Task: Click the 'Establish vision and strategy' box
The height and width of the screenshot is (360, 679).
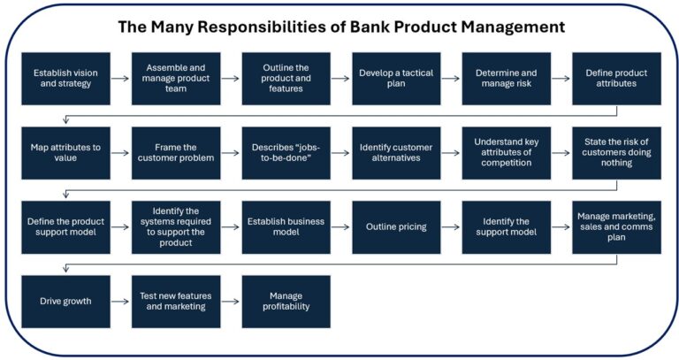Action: pyautogui.click(x=66, y=78)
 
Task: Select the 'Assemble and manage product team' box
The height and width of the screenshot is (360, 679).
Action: pyautogui.click(x=176, y=78)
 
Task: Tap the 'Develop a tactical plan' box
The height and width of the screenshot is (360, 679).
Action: pyautogui.click(x=396, y=78)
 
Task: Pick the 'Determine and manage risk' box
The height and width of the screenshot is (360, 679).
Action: pyautogui.click(x=507, y=78)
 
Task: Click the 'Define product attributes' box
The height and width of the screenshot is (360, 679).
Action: pyautogui.click(x=616, y=78)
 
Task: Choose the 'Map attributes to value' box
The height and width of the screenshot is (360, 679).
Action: pyautogui.click(x=66, y=152)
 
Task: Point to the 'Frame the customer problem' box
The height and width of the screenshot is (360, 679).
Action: pyautogui.click(x=176, y=152)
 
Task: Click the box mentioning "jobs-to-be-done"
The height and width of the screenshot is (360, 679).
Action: pyautogui.click(x=286, y=152)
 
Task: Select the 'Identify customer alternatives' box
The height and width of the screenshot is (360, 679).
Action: pyautogui.click(x=396, y=152)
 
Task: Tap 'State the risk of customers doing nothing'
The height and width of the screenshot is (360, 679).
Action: pyautogui.click(x=616, y=152)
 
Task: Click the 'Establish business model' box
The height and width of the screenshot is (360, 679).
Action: pyautogui.click(x=286, y=227)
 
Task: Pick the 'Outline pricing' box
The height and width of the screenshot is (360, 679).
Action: pyautogui.click(x=396, y=227)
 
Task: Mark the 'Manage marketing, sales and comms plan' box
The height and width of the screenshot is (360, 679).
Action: pyautogui.click(x=616, y=227)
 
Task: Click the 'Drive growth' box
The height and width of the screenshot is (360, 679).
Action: pyautogui.click(x=66, y=302)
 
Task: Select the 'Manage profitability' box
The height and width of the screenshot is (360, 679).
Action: pyautogui.click(x=286, y=302)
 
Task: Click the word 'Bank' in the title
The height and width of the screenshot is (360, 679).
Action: pyautogui.click(x=393, y=27)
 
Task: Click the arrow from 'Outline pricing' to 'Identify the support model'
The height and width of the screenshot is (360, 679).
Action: pyautogui.click(x=451, y=227)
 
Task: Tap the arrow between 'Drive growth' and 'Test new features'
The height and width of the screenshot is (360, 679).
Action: pyautogui.click(x=121, y=302)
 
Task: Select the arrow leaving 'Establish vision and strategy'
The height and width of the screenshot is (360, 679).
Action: pyautogui.click(x=121, y=78)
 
